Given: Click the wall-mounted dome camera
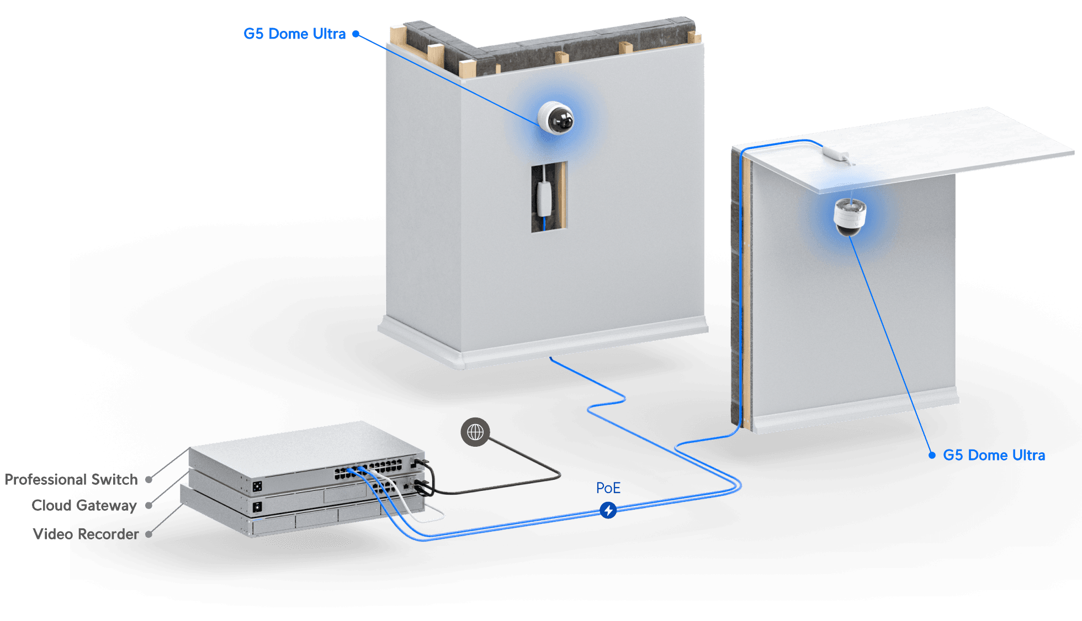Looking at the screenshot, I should tap(556, 117).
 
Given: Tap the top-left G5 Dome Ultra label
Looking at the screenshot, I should tap(294, 34).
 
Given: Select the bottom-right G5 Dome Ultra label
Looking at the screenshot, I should tap(994, 456).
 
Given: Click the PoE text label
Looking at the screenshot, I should tap(608, 488).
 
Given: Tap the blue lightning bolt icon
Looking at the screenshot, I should tap(608, 510).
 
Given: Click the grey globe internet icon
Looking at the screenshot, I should tap(475, 432).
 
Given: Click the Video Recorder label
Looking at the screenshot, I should tap(85, 534).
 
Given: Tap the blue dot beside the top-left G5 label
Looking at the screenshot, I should tap(356, 34).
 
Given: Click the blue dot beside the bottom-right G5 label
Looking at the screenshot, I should tap(932, 456).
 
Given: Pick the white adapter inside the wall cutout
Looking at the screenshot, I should tap(544, 199).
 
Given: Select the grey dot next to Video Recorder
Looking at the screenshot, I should tap(148, 534).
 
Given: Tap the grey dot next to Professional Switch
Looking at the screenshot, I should tap(148, 480).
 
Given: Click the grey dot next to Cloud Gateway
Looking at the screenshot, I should tap(148, 505).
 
